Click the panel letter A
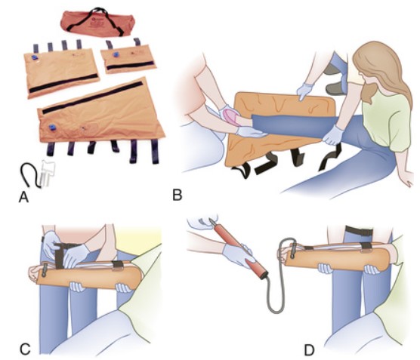tap(23, 197)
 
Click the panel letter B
tap(178, 195)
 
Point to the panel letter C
tap(25, 349)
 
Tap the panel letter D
tap(309, 350)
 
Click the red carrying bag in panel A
tap(97, 23)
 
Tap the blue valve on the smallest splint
tap(116, 54)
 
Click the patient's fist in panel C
tap(34, 273)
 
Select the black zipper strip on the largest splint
tap(92, 97)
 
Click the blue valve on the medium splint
tap(35, 57)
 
